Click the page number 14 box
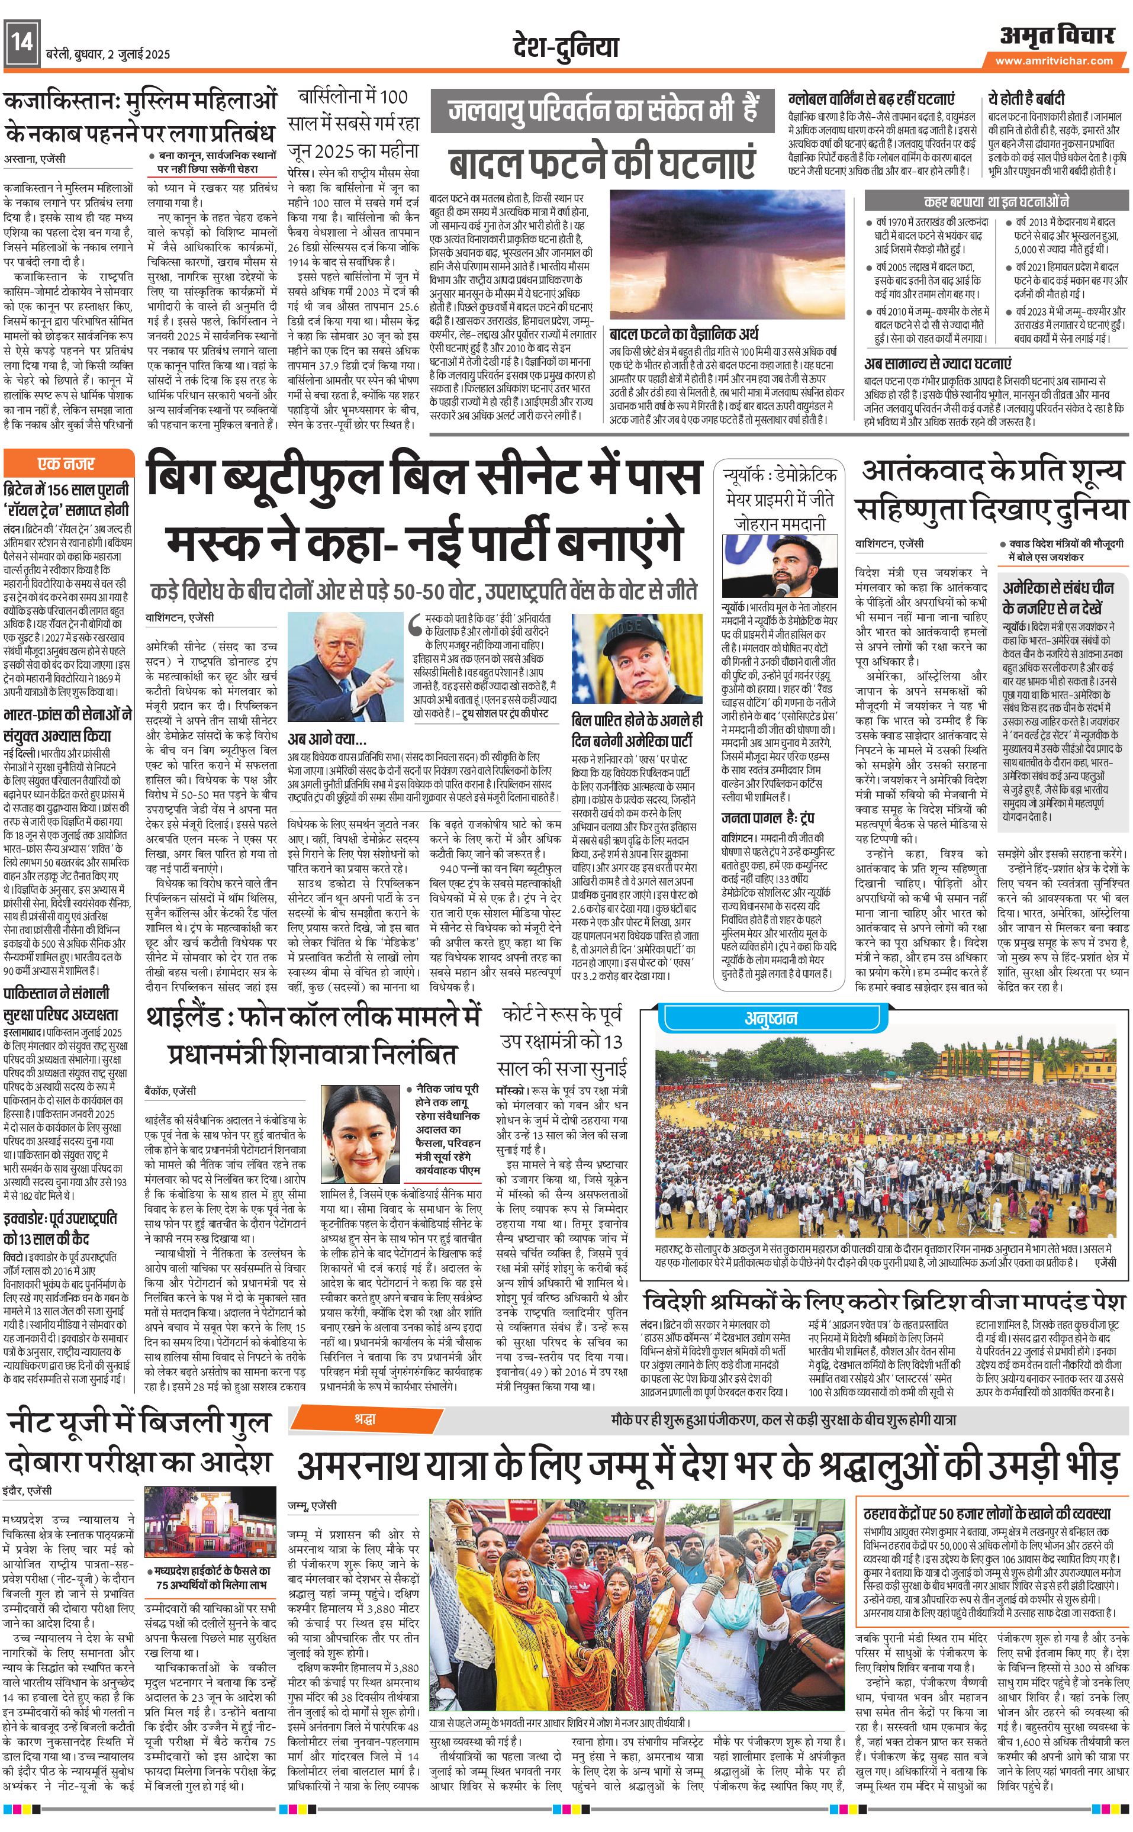(21, 43)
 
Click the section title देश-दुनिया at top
(566, 46)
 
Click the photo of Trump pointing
(343, 656)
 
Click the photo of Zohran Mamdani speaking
(780, 566)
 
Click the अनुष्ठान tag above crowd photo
(770, 1018)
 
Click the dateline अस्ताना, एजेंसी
(34, 159)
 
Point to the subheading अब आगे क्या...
(327, 738)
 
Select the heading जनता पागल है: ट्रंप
(767, 817)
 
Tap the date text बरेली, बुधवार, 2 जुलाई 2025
(107, 54)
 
